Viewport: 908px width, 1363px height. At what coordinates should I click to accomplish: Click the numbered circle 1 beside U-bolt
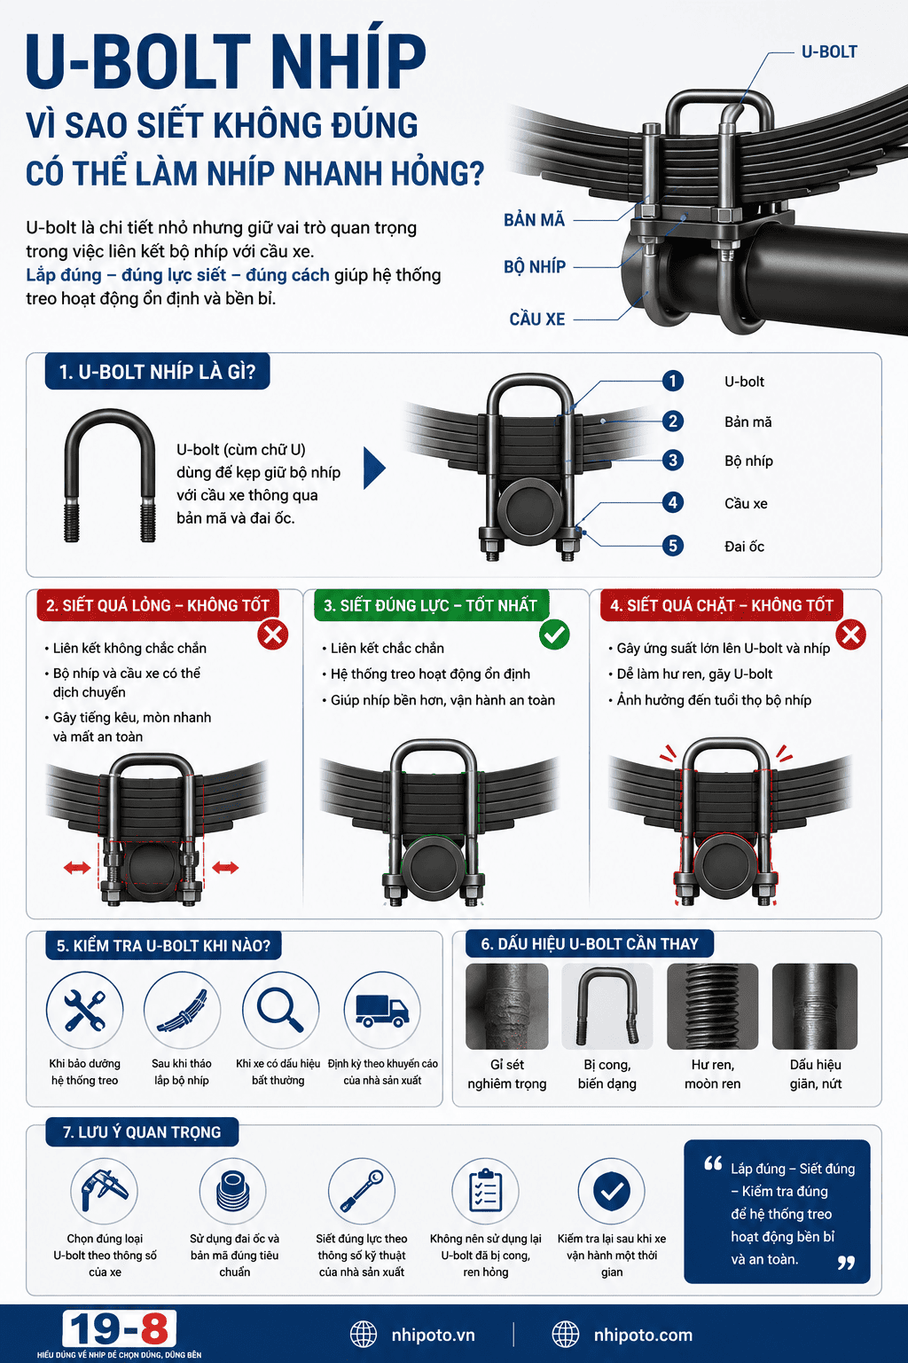point(672,382)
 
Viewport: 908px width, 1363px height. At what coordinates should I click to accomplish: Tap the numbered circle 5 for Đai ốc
point(672,546)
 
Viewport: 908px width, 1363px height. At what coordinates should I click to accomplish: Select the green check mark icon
point(554,634)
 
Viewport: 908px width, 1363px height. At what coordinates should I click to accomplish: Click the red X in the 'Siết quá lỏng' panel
point(272,634)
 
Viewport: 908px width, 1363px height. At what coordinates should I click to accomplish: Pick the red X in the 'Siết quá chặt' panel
point(850,634)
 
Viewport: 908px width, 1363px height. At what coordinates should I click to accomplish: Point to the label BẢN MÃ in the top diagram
point(534,220)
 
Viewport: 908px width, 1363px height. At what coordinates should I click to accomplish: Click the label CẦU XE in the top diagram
point(537,319)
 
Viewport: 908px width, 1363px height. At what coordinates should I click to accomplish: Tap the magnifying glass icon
point(279,1010)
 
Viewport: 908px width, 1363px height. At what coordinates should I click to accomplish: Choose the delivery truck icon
point(382,1011)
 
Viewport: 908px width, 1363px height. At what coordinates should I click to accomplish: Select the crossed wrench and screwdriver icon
point(84,1010)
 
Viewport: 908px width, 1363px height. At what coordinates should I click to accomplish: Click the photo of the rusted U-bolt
point(506,1005)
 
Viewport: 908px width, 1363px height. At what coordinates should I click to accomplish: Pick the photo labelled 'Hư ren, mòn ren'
point(712,1005)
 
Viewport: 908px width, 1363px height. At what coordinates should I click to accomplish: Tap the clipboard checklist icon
point(485,1191)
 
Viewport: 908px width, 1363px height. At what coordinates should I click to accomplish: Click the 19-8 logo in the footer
point(119,1328)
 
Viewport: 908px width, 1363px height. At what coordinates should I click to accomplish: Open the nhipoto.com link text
point(643,1335)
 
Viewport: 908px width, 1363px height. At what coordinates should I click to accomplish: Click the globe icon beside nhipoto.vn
point(364,1335)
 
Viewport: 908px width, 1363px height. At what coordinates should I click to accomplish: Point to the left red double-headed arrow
point(77,868)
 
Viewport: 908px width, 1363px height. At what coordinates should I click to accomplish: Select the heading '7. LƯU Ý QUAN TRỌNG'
point(142,1131)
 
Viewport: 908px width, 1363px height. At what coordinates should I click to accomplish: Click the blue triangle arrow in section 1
point(374,468)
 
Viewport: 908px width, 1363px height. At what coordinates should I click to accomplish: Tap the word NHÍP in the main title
point(347,61)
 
